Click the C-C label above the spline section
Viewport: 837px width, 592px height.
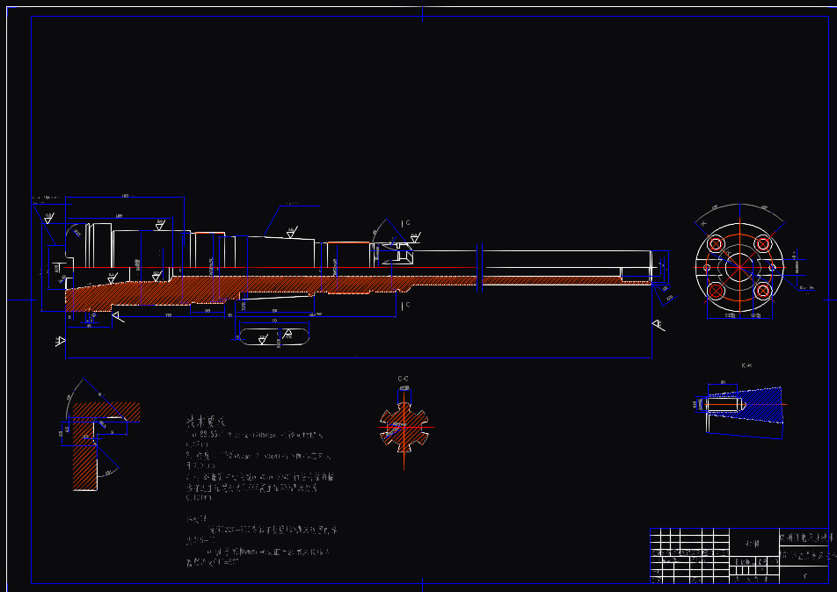[x=403, y=379]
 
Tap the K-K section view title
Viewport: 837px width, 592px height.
[x=747, y=365]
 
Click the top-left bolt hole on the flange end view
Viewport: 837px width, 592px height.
[x=716, y=244]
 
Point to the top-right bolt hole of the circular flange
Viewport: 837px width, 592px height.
[x=761, y=244]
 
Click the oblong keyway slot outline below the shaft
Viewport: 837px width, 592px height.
[x=273, y=337]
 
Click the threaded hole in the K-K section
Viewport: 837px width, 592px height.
[x=724, y=405]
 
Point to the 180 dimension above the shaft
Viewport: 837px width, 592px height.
[x=125, y=196]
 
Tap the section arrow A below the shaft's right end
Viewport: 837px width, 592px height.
[x=658, y=325]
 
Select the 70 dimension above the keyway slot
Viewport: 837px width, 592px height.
[x=273, y=321]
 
